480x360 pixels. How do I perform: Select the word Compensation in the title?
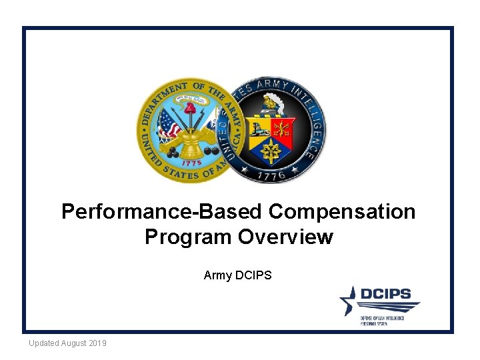pos(342,212)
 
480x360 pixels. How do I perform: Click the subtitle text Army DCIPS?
pos(238,275)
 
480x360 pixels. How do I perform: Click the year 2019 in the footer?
pos(97,343)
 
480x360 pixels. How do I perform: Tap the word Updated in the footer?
pos(44,343)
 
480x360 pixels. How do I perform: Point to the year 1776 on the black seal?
pos(273,175)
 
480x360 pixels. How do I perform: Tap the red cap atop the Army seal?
pos(190,106)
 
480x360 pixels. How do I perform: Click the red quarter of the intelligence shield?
pos(284,128)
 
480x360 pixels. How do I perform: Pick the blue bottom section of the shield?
pos(272,147)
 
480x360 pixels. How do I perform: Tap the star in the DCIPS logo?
pos(349,300)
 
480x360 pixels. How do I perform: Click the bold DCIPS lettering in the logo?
pos(386,294)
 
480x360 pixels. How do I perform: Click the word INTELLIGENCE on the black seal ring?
pos(314,127)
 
